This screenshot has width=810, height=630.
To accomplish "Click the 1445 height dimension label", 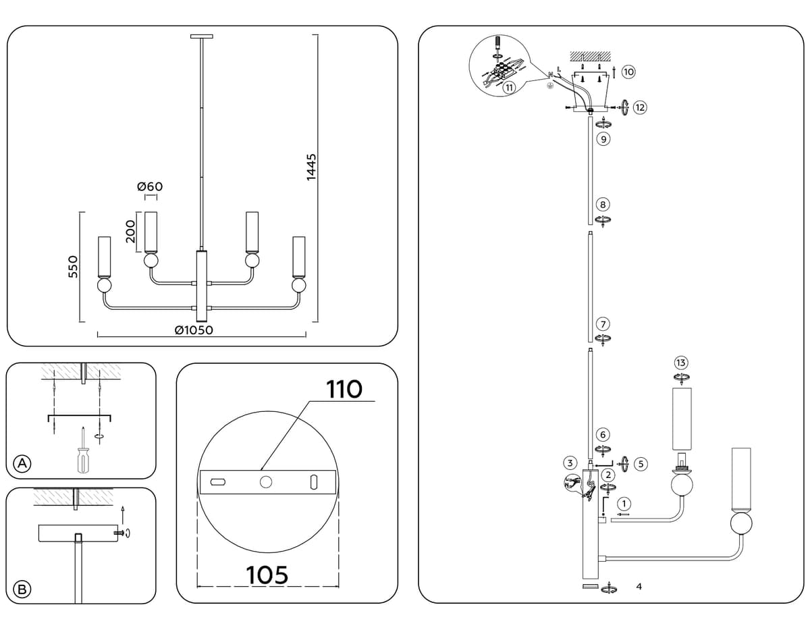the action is click(x=311, y=167).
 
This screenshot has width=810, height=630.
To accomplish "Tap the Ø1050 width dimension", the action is click(x=194, y=330).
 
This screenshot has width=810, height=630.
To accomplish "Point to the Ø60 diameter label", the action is click(x=150, y=186).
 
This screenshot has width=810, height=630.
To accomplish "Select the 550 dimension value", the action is click(x=74, y=267).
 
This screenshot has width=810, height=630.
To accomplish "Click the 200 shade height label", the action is click(x=130, y=232).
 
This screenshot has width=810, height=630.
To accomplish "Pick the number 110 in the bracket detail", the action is click(x=344, y=389).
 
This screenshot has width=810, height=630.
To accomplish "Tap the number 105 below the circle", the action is click(x=267, y=575).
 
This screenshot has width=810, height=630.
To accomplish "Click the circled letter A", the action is click(x=22, y=463).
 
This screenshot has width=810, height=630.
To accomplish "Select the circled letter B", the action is click(x=22, y=589).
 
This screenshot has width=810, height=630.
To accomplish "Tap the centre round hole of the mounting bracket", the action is click(x=266, y=482).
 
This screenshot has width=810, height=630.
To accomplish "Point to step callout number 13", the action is click(x=681, y=363).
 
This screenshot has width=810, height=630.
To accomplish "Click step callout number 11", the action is click(x=509, y=88).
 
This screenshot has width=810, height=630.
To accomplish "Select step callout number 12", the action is click(x=640, y=108).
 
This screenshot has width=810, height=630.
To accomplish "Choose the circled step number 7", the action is click(x=603, y=324).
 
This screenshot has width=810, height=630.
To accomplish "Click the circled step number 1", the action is click(x=624, y=504).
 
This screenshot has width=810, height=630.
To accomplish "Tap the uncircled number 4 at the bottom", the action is click(x=639, y=587).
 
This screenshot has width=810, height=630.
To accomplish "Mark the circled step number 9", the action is click(x=603, y=139).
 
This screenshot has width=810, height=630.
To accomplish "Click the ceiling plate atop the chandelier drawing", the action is click(x=202, y=36).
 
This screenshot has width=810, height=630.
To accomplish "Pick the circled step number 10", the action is click(x=628, y=72).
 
